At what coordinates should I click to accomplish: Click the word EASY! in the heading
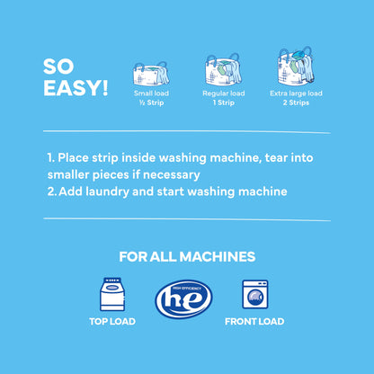click(76, 88)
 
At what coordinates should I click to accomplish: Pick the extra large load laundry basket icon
click(295, 67)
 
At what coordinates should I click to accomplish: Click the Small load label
click(150, 93)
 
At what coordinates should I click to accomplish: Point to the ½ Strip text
click(150, 102)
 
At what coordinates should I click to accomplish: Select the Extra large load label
click(296, 93)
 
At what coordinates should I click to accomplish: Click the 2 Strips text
click(296, 102)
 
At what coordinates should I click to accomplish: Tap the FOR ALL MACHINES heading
click(186, 257)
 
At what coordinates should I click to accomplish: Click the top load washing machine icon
click(111, 294)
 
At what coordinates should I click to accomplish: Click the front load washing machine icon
click(254, 295)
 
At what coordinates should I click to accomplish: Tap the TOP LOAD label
click(111, 321)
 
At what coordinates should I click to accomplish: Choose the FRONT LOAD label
click(255, 321)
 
